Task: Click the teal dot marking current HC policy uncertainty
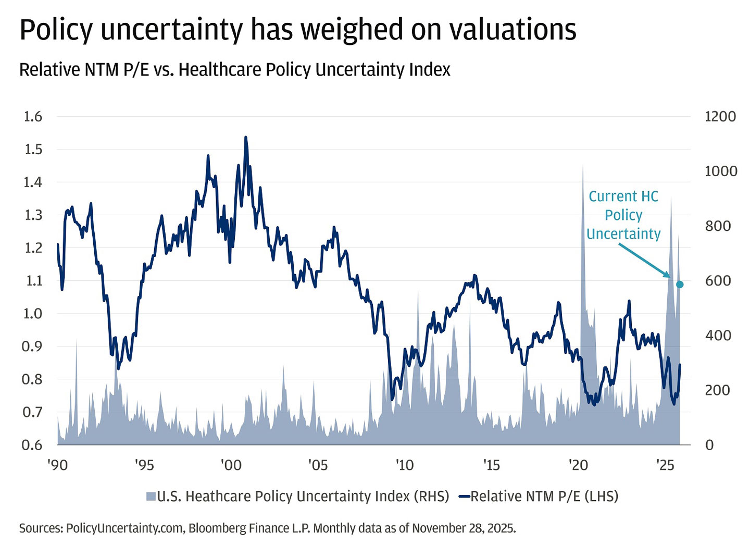[x=679, y=285]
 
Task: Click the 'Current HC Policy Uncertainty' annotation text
[x=623, y=215]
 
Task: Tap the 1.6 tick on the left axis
[x=33, y=116]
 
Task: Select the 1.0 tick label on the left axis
[x=33, y=313]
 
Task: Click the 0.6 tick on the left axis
[x=33, y=444]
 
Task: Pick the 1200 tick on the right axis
[x=720, y=116]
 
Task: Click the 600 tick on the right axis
[x=718, y=280]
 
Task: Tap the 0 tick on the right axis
[x=709, y=444]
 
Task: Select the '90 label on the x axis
[x=57, y=464]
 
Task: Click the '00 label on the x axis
[x=231, y=464]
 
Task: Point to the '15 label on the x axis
[x=492, y=464]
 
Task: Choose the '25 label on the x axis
[x=665, y=464]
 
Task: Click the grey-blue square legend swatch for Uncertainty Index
[x=151, y=497]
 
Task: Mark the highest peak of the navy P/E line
[x=245, y=138]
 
